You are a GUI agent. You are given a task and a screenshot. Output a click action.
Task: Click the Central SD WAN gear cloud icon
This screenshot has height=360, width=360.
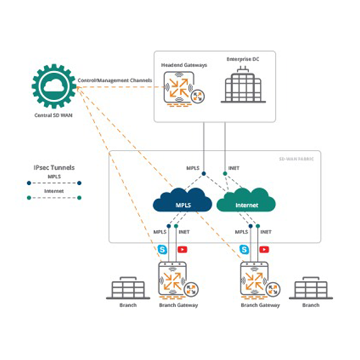54,87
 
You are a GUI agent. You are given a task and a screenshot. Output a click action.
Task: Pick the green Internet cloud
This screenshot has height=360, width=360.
246,203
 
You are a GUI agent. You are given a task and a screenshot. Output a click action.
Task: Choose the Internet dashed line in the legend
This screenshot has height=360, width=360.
53,197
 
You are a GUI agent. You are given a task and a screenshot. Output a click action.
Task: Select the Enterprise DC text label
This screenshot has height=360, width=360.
242,59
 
